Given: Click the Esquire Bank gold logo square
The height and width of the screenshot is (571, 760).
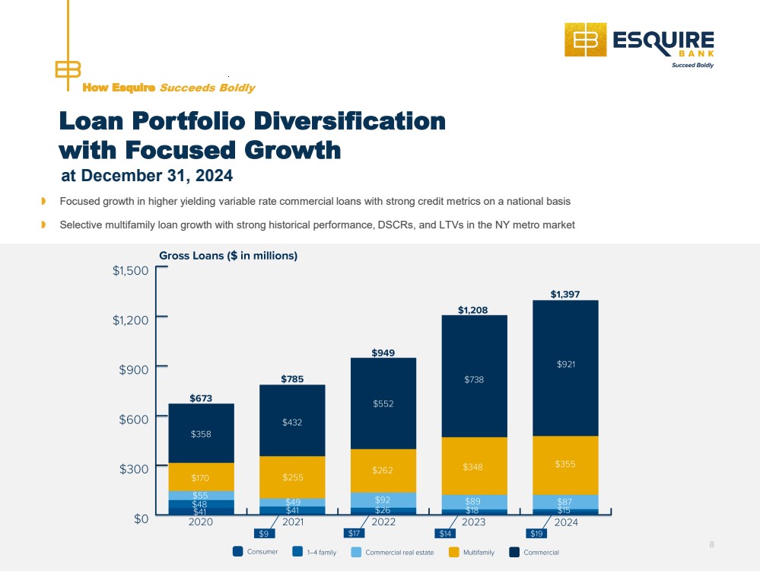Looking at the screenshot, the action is click(x=586, y=40).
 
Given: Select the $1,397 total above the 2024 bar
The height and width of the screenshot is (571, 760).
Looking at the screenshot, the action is click(x=565, y=294).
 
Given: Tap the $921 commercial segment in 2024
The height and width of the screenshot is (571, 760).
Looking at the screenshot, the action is click(x=566, y=368).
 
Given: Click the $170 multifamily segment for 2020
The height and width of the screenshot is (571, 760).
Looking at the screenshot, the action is click(x=201, y=477).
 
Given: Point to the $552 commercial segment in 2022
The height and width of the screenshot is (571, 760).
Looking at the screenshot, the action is click(x=383, y=404).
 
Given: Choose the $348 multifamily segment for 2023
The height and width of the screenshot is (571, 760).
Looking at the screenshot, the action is click(x=475, y=466).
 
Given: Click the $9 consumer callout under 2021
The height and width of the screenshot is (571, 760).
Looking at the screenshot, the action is click(x=264, y=534).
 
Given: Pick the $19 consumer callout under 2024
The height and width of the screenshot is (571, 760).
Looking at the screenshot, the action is click(x=536, y=534).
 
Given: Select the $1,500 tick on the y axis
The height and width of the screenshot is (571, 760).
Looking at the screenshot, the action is click(x=130, y=270).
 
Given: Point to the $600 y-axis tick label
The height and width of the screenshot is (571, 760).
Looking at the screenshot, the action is click(x=134, y=419).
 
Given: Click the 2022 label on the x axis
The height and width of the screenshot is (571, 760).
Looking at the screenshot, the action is click(x=383, y=522).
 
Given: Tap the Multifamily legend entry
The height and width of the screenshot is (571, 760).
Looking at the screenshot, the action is click(x=472, y=552).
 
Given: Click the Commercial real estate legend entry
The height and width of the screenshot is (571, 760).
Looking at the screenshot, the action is click(x=393, y=552).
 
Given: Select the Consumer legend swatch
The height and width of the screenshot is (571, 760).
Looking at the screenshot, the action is click(x=237, y=552).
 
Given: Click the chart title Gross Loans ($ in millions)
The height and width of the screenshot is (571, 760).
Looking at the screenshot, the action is click(x=228, y=256).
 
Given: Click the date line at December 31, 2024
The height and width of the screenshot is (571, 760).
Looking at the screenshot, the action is click(x=147, y=176).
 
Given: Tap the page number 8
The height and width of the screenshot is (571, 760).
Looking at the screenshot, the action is click(x=711, y=544).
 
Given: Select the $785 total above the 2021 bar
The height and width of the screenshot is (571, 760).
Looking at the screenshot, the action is click(x=292, y=379).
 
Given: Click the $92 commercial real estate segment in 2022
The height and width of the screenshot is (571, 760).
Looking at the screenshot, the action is click(x=383, y=499).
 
